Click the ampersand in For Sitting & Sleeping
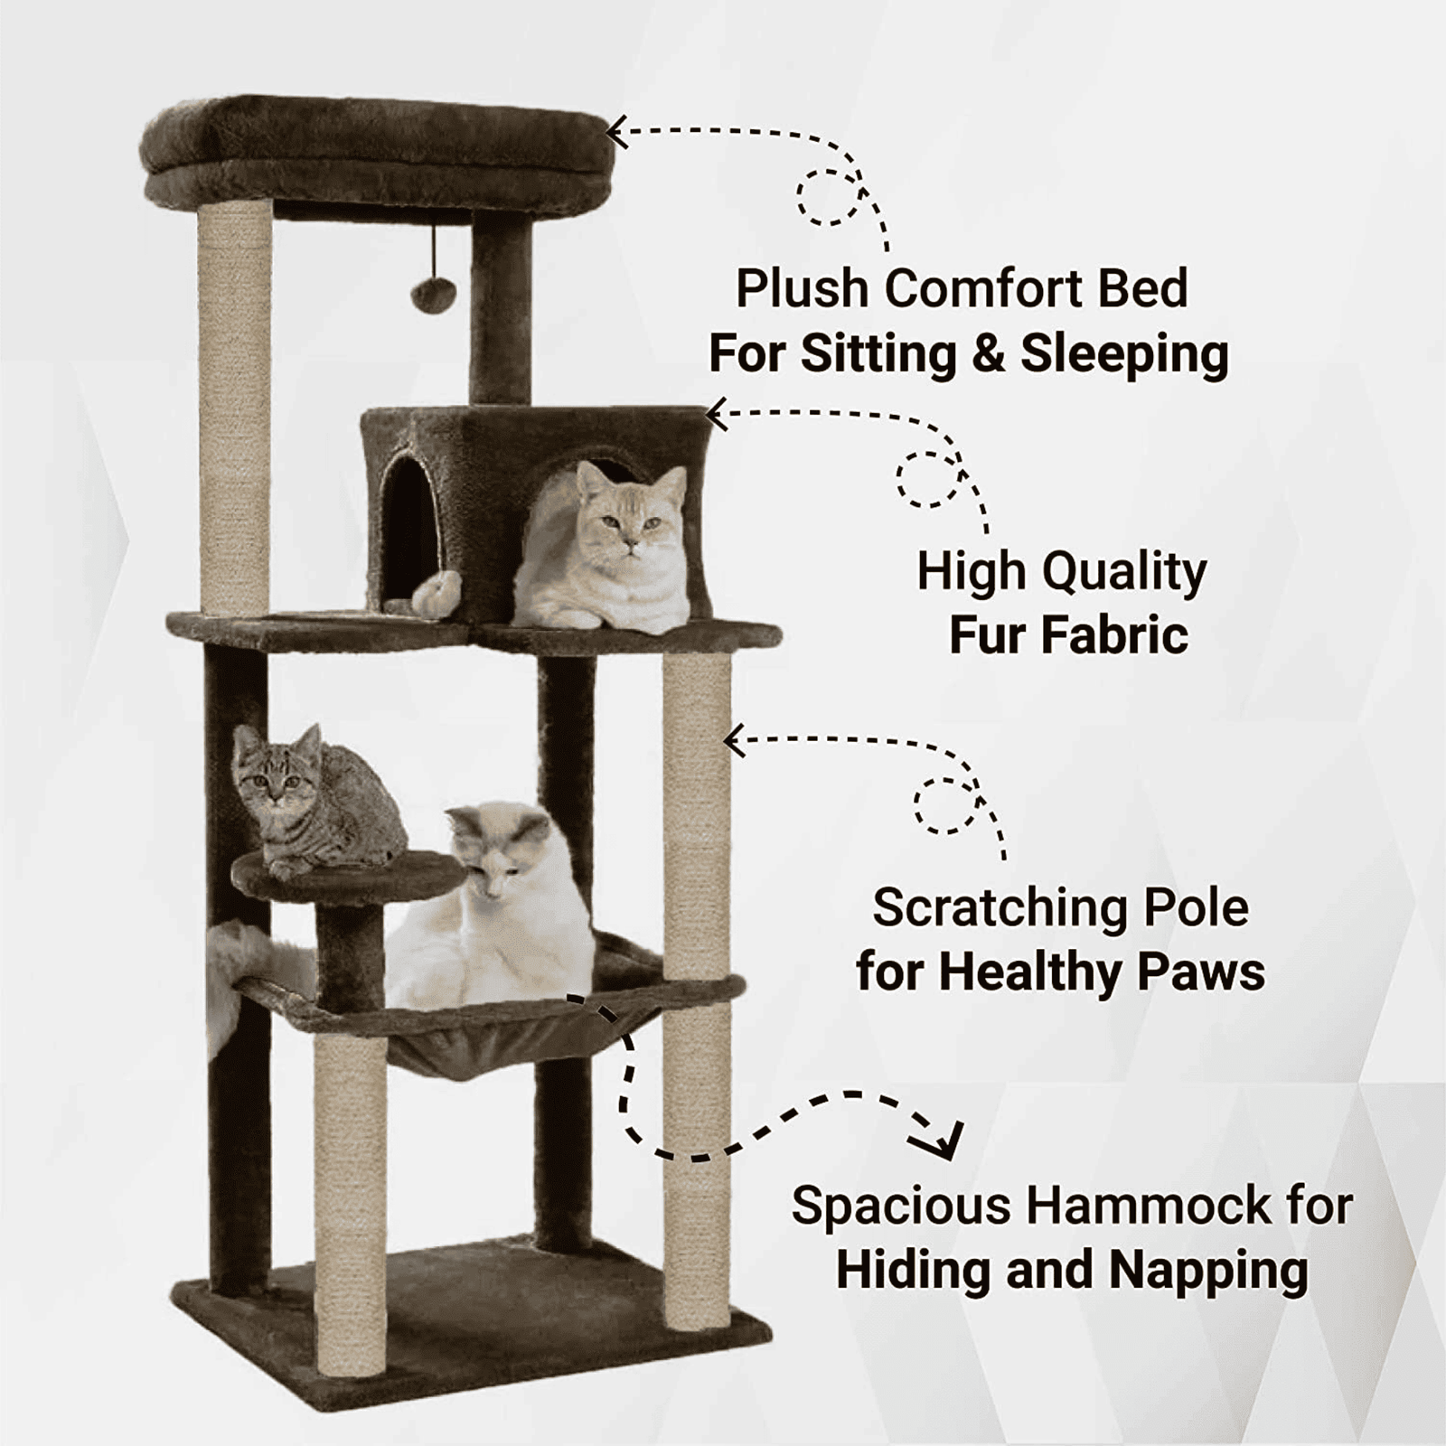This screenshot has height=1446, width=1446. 989,353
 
